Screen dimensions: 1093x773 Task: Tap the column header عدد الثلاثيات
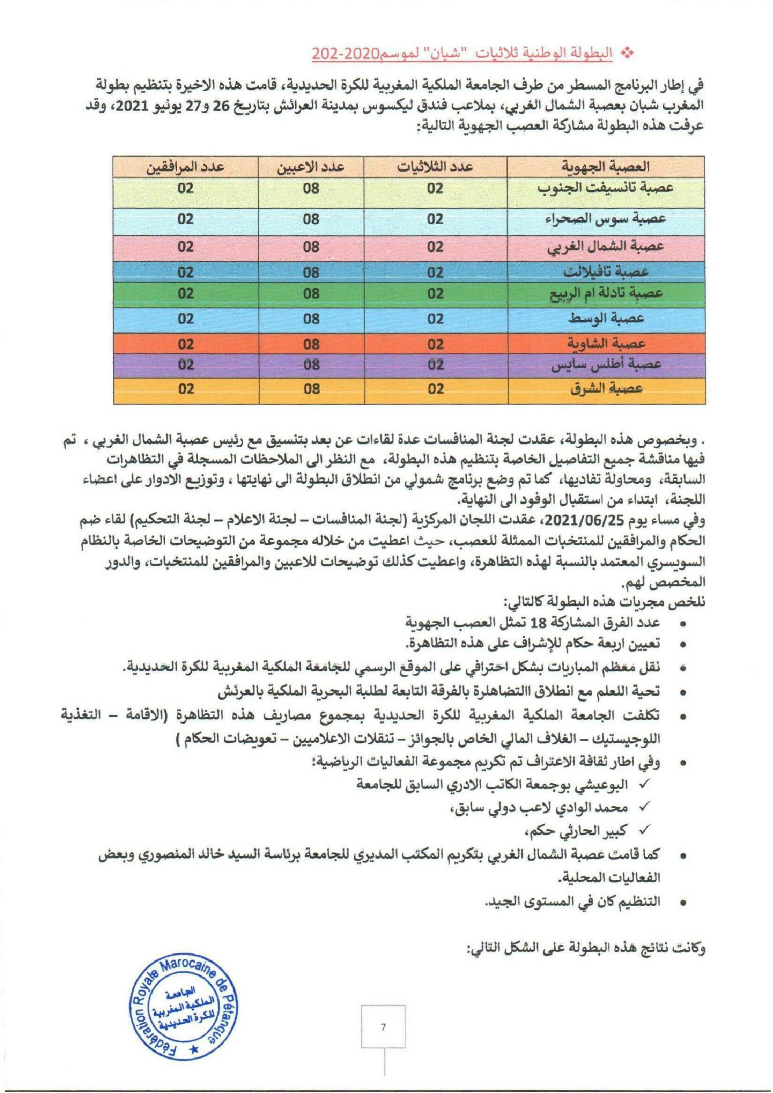point(435,167)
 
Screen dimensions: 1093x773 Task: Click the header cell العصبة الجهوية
point(606,167)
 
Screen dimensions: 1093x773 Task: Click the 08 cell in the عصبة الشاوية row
point(312,343)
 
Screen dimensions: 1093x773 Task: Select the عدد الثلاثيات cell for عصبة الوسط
point(435,319)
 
